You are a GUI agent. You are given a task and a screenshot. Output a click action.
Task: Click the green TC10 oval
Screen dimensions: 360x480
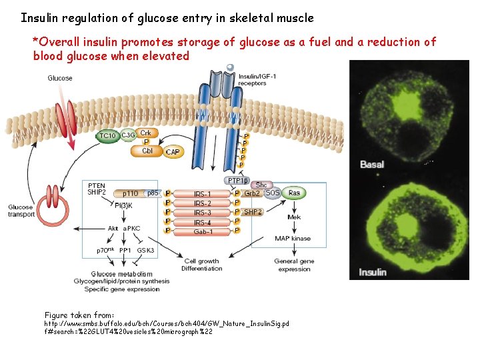pyautogui.click(x=107, y=136)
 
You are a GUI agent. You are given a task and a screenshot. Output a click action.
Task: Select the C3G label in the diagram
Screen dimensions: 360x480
pyautogui.click(x=128, y=136)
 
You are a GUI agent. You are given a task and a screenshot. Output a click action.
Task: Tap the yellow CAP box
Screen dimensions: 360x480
pyautogui.click(x=173, y=152)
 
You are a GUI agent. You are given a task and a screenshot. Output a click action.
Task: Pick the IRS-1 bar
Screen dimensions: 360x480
pyautogui.click(x=202, y=193)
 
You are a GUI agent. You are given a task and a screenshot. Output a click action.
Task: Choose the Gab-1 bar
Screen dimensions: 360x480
pyautogui.click(x=202, y=231)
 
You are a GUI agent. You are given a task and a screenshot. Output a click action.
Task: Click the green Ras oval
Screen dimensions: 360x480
pyautogui.click(x=294, y=193)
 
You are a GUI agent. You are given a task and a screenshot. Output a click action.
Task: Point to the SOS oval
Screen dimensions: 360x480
pyautogui.click(x=272, y=193)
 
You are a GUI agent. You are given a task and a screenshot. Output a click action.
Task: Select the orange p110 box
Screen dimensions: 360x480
pyautogui.click(x=130, y=193)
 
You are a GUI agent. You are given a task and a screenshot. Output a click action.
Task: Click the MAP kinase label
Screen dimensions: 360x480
pyautogui.click(x=293, y=238)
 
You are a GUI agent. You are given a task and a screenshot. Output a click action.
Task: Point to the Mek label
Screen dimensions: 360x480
pyautogui.click(x=294, y=217)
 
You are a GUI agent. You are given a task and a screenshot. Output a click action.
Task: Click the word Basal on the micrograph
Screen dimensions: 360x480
pyautogui.click(x=371, y=164)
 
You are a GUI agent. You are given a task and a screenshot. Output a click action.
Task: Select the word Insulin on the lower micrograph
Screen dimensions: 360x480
pyautogui.click(x=373, y=272)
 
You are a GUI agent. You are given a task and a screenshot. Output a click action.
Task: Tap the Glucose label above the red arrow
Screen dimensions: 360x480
pyautogui.click(x=60, y=78)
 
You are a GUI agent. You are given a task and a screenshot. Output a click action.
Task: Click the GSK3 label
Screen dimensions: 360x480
pyautogui.click(x=145, y=250)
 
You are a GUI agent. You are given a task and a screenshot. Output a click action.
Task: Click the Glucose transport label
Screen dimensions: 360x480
pyautogui.click(x=21, y=211)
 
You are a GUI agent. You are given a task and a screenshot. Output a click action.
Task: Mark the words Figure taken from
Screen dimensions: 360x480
pyautogui.click(x=79, y=315)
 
